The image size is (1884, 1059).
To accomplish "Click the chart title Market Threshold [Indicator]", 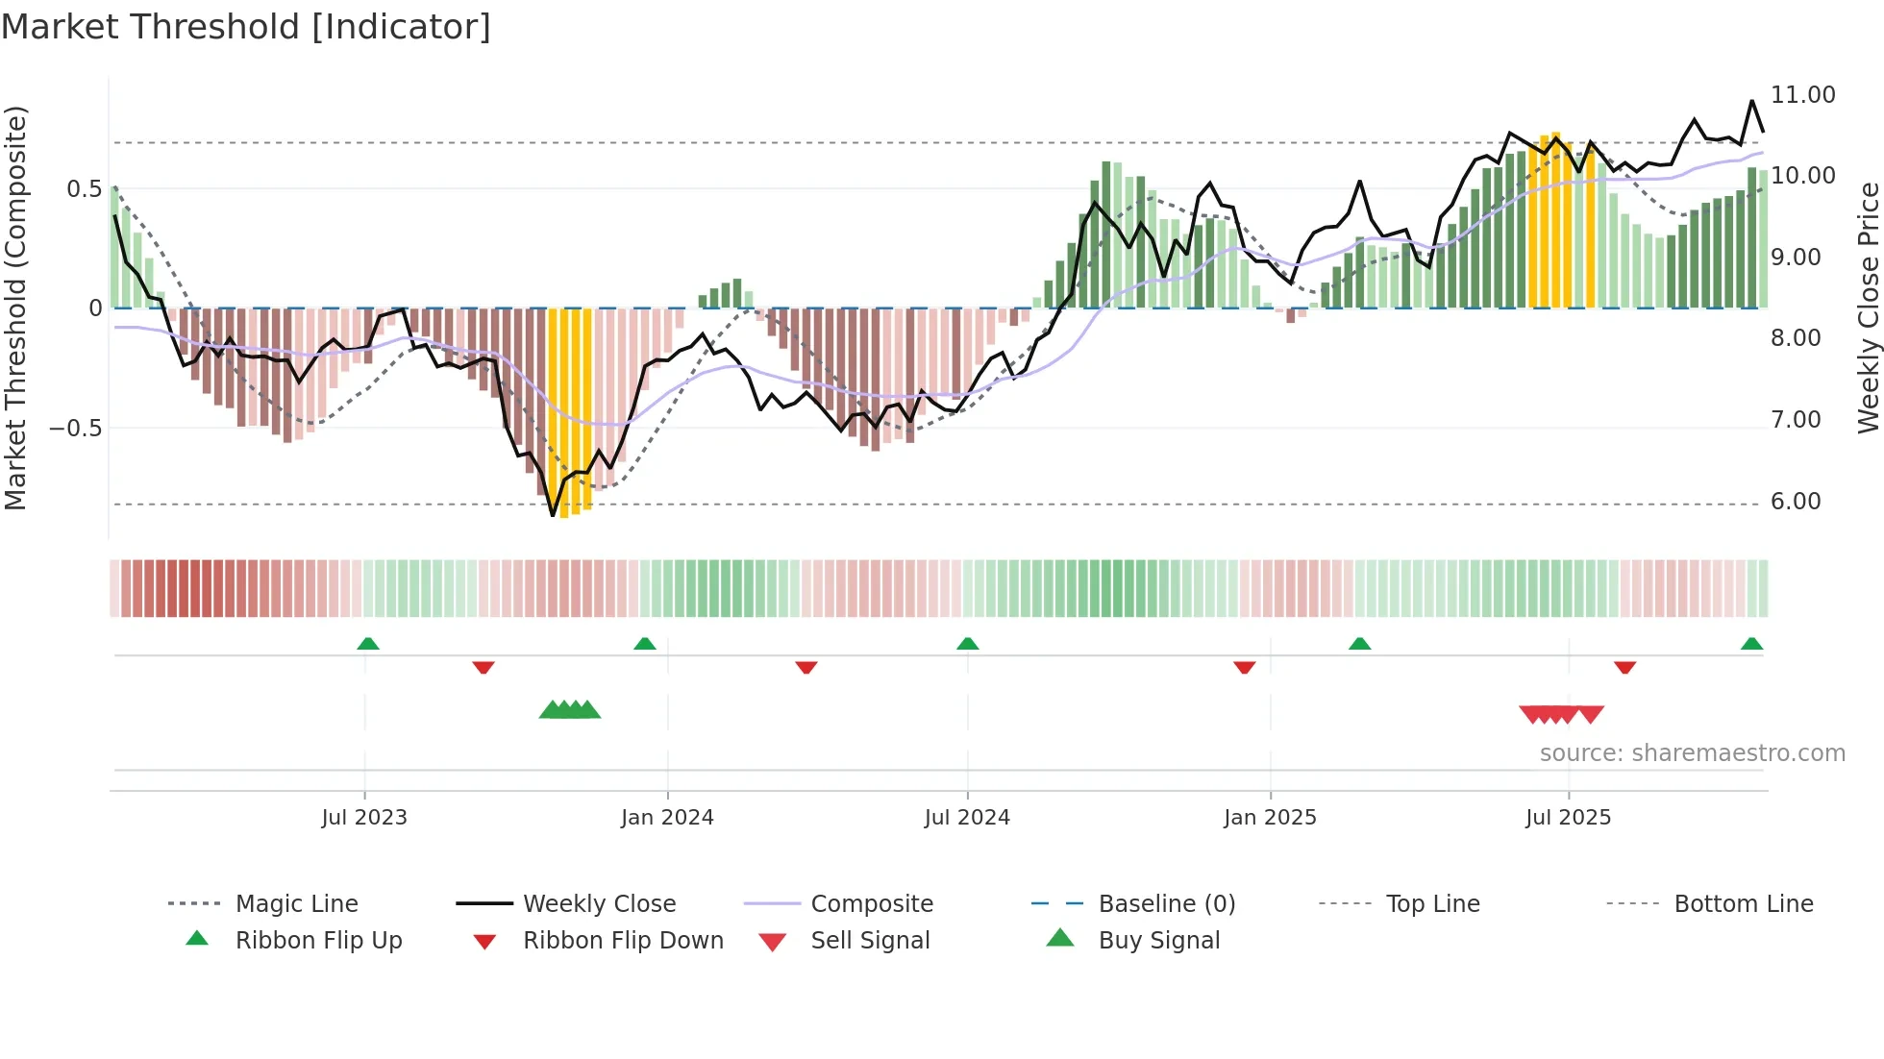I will pyautogui.click(x=246, y=27).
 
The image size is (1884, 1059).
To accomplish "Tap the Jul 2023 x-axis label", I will pyautogui.click(x=364, y=818).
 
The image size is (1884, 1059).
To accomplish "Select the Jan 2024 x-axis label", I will pyautogui.click(x=667, y=818).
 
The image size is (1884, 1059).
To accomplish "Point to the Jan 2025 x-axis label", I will pyautogui.click(x=1270, y=818).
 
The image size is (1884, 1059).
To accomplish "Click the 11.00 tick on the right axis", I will pyautogui.click(x=1803, y=95).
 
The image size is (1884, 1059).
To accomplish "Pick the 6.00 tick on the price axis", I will pyautogui.click(x=1796, y=502).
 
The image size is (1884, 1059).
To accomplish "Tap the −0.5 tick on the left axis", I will pyautogui.click(x=76, y=428).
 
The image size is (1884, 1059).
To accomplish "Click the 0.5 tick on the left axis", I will pyautogui.click(x=84, y=189).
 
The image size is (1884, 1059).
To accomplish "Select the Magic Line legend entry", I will pyautogui.click(x=296, y=904).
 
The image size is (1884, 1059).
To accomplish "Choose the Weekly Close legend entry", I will pyautogui.click(x=599, y=904).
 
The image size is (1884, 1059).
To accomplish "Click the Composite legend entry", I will pyautogui.click(x=872, y=904).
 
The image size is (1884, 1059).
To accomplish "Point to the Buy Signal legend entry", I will pyautogui.click(x=1158, y=941).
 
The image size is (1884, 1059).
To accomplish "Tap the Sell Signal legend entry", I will pyautogui.click(x=870, y=941).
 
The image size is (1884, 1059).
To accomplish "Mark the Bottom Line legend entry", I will pyautogui.click(x=1743, y=904).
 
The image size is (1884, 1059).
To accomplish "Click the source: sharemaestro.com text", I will pyautogui.click(x=1692, y=753).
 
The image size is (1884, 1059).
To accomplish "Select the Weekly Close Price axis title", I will pyautogui.click(x=1868, y=308).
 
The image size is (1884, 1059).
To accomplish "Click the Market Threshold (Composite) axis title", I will pyautogui.click(x=16, y=308).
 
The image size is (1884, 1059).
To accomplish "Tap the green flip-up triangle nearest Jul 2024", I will pyautogui.click(x=968, y=644).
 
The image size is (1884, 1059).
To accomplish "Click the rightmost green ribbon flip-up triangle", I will pyautogui.click(x=1751, y=644).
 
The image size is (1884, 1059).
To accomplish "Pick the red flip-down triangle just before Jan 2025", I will pyautogui.click(x=1244, y=667).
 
